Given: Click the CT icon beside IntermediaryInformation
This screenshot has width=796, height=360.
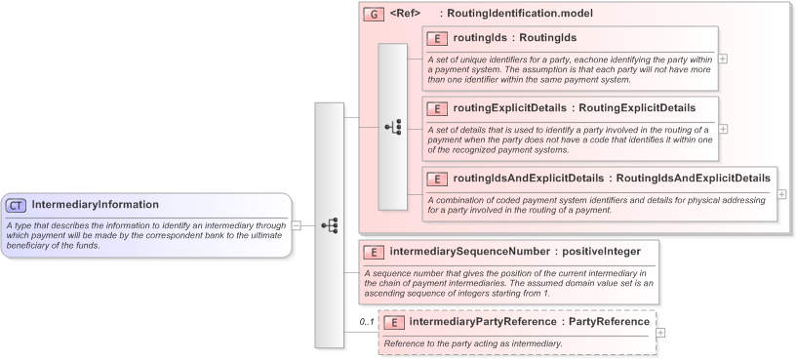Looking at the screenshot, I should pyautogui.click(x=17, y=205).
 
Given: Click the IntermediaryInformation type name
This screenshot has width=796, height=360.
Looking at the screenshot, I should pyautogui.click(x=95, y=205).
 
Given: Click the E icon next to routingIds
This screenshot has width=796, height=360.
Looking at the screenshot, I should pyautogui.click(x=438, y=38).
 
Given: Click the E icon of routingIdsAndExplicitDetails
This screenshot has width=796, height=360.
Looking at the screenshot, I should pyautogui.click(x=438, y=179).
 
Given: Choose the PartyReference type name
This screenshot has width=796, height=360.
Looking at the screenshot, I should pyautogui.click(x=610, y=321).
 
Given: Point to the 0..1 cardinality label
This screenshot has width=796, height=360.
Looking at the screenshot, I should pyautogui.click(x=367, y=321).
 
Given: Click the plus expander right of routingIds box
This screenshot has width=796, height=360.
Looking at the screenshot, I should pyautogui.click(x=722, y=58).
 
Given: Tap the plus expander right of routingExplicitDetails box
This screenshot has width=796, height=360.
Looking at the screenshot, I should pyautogui.click(x=722, y=128).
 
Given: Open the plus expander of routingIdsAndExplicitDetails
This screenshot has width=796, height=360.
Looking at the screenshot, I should pyautogui.click(x=781, y=194).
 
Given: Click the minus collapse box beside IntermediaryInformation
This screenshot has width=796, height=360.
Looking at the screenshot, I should pyautogui.click(x=296, y=224).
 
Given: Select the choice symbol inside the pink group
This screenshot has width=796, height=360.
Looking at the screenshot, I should pyautogui.click(x=393, y=127).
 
